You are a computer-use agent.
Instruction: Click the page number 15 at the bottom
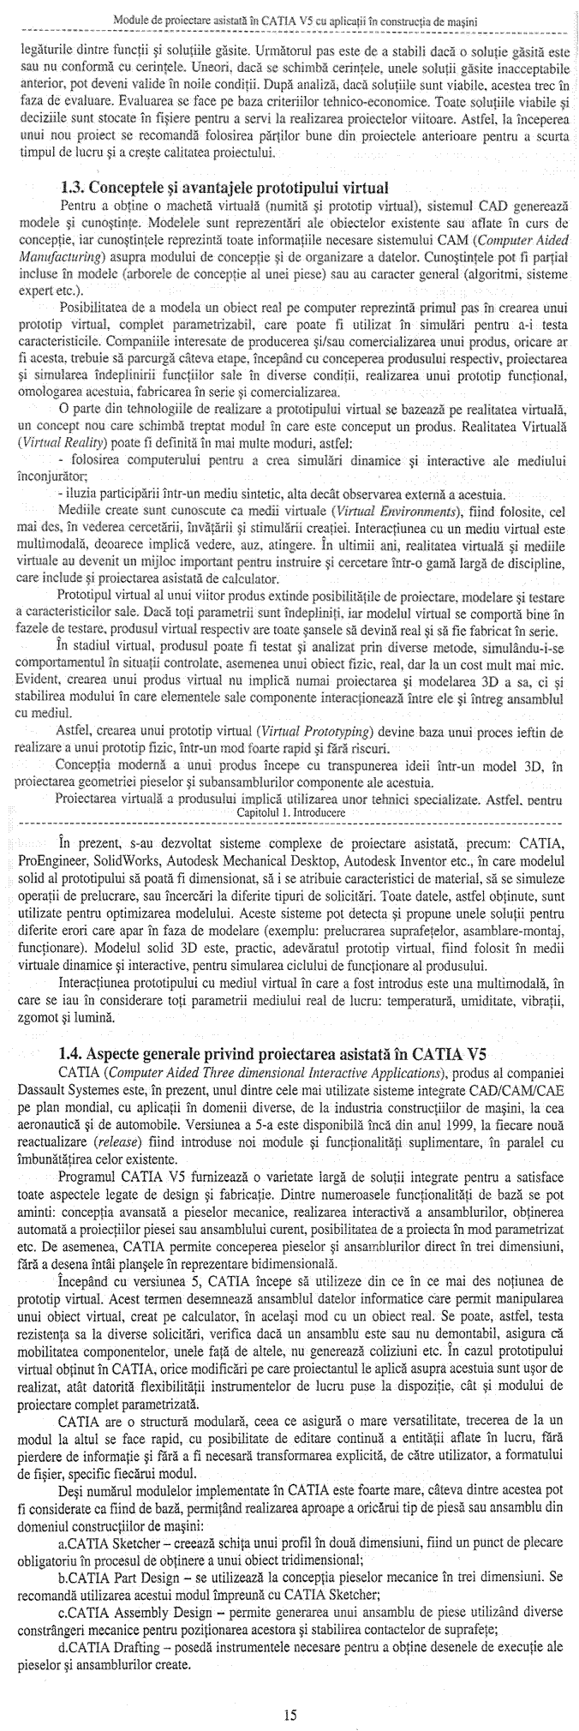point(289,1713)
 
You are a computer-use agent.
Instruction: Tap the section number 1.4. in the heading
point(75,1052)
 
